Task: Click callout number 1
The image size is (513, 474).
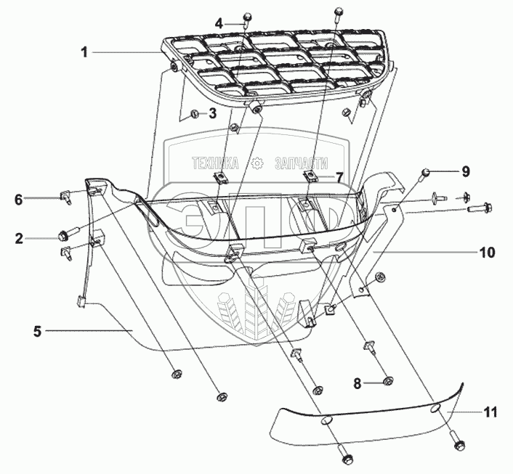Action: coord(84,52)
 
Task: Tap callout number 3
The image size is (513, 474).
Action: coord(212,114)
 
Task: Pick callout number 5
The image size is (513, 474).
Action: coord(37,331)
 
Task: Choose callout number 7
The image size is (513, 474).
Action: coord(339,177)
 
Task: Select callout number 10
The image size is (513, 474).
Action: coord(486,253)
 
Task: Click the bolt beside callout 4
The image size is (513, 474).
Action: coord(246,18)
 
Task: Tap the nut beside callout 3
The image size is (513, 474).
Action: coord(195,114)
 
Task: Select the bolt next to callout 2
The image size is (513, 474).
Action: coord(63,235)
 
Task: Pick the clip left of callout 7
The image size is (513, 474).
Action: coord(310,176)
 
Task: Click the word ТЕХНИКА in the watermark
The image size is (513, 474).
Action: coord(216,164)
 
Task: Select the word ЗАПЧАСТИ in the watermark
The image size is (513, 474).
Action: coord(301,164)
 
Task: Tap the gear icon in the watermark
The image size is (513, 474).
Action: coord(256,164)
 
